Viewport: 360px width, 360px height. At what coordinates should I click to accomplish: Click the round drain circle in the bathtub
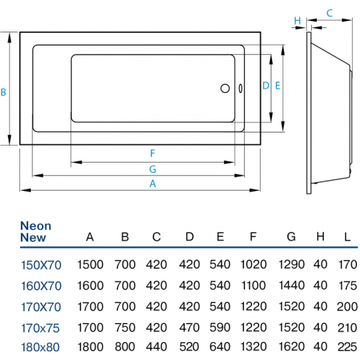click(x=225, y=89)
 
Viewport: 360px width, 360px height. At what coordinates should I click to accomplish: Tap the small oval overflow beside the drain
click(x=240, y=89)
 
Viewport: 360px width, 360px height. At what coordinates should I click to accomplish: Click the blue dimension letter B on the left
click(x=4, y=92)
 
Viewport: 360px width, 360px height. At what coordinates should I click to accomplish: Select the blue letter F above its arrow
click(x=153, y=153)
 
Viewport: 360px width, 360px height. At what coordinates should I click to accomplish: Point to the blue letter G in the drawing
click(x=153, y=169)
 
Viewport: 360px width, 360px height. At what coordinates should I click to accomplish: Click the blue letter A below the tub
click(x=153, y=184)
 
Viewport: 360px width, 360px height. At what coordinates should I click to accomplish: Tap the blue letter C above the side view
click(x=330, y=13)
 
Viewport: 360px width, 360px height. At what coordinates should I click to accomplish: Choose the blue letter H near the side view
click(x=297, y=21)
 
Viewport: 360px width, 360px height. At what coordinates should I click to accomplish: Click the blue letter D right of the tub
click(x=266, y=86)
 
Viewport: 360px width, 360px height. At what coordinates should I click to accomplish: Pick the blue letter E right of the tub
click(x=278, y=86)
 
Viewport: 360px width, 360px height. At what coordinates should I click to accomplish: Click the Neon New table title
click(x=36, y=232)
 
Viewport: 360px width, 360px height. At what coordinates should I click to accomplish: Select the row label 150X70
click(x=41, y=265)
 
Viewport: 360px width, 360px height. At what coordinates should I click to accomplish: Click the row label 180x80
click(x=40, y=347)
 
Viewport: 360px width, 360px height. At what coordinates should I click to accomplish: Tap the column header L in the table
click(x=347, y=237)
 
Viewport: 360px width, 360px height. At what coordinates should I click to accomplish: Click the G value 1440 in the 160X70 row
click(x=292, y=285)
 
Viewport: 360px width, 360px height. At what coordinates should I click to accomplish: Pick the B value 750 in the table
click(x=125, y=328)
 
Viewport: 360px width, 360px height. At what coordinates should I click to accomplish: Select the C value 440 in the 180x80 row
click(x=156, y=347)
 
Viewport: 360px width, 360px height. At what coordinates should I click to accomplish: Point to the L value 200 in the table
click(x=347, y=307)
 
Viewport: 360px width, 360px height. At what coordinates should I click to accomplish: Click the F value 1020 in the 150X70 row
click(x=253, y=264)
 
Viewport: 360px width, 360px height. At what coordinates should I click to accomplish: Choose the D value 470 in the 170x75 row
click(x=189, y=328)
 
